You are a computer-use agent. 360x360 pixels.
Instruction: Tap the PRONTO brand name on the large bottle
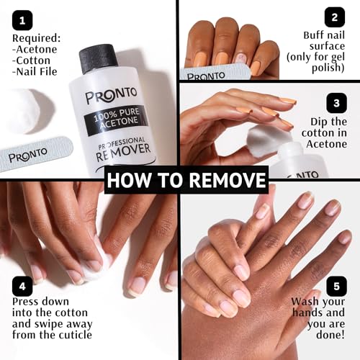(112, 96)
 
